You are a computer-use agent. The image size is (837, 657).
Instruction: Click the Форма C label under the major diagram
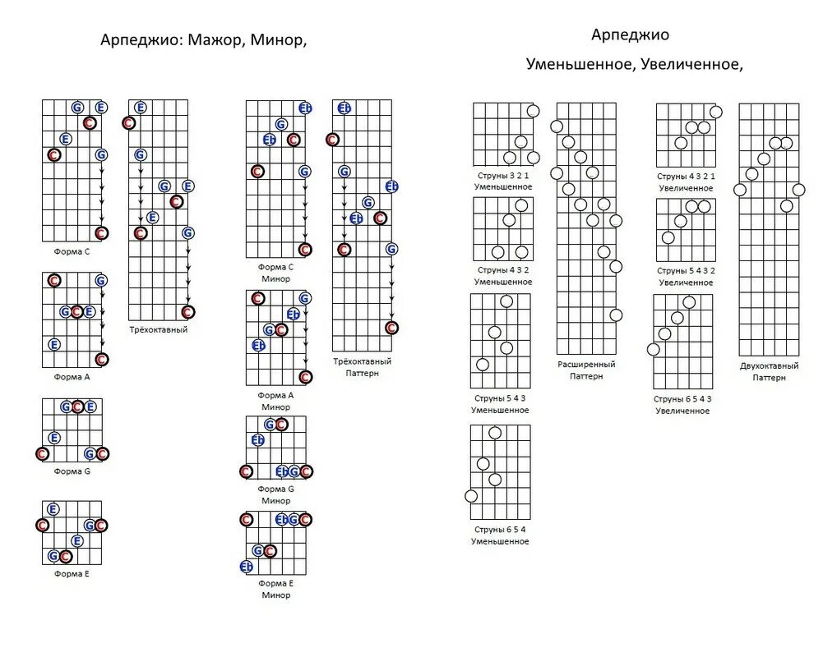tap(72, 251)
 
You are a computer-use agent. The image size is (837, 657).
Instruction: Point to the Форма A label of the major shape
tap(72, 378)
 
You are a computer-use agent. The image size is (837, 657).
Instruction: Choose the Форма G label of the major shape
tap(72, 471)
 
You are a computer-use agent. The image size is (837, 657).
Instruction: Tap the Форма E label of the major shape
tap(72, 574)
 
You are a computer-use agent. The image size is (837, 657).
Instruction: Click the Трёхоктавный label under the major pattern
tap(159, 330)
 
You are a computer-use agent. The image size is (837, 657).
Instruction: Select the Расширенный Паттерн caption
tap(586, 370)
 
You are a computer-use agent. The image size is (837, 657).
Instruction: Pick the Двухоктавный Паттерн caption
tap(769, 371)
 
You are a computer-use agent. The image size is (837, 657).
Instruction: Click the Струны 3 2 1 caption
tap(503, 176)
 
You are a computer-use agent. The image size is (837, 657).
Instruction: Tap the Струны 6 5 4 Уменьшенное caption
tap(500, 535)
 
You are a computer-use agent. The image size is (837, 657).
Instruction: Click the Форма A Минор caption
tap(275, 401)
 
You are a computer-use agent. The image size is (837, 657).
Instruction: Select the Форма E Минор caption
tap(275, 589)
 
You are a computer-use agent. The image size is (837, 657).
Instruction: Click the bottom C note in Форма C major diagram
tap(101, 233)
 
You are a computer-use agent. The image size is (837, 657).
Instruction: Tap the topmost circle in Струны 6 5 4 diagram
tap(495, 433)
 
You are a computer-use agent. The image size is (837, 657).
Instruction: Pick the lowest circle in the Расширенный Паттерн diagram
tap(616, 315)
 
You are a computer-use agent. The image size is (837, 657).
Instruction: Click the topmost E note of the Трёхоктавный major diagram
tap(140, 107)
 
